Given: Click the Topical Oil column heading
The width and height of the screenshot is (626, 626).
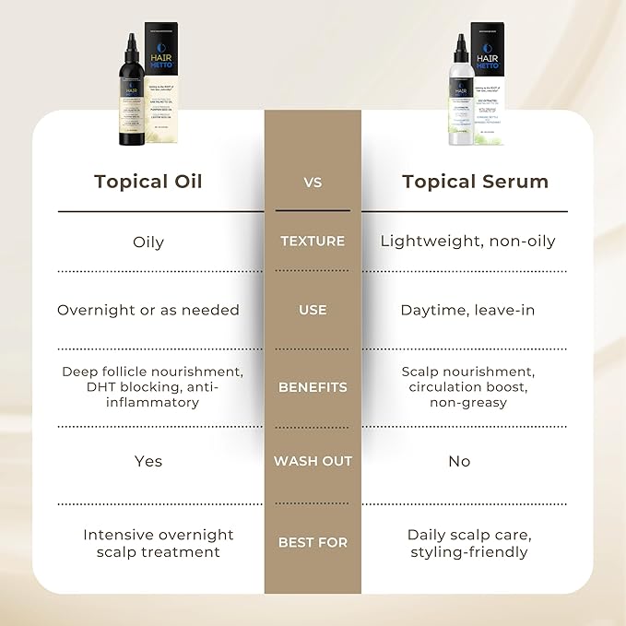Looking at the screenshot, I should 148,181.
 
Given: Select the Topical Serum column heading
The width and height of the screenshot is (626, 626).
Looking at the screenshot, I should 475,181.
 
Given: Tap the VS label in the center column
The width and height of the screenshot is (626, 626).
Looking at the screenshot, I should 313,183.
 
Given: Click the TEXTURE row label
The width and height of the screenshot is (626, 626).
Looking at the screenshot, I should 313,242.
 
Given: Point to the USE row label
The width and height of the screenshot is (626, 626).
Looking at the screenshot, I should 313,311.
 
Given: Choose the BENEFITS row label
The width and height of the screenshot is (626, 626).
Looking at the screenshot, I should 313,387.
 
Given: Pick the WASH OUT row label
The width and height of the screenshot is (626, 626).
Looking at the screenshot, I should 313,461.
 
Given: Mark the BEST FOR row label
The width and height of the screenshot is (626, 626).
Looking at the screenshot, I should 313,543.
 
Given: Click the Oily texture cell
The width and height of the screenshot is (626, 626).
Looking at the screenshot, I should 148,242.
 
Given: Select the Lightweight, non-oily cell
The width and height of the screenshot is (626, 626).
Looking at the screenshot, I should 468,242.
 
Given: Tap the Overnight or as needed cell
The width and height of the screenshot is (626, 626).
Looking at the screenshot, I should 148,311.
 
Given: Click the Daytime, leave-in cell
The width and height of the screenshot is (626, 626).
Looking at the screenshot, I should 458,311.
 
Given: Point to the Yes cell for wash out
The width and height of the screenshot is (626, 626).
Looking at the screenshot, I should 148,461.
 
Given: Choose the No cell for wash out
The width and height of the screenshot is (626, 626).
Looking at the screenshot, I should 459,461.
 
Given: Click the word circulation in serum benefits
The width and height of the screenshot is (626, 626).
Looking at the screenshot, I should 448,387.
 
